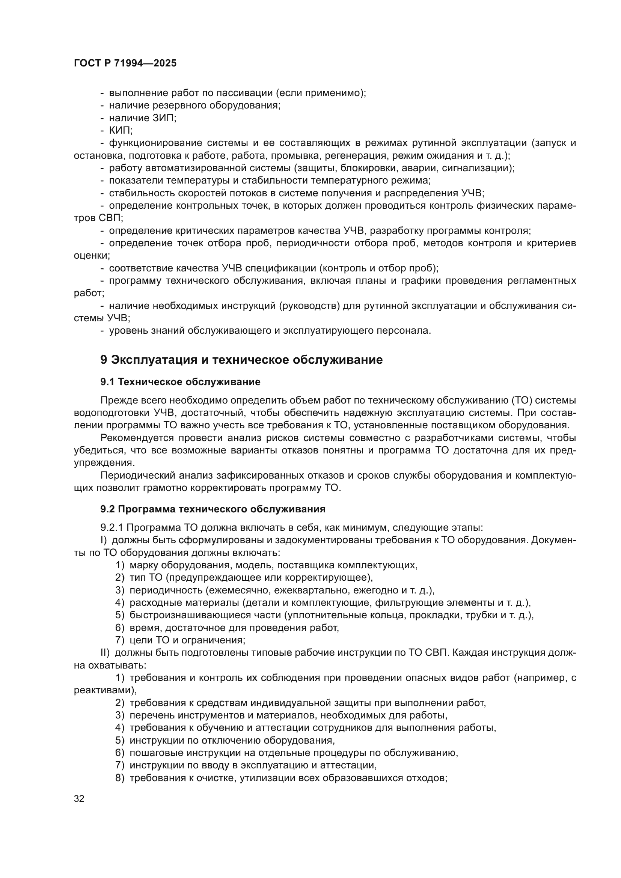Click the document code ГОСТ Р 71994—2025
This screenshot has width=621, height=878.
pyautogui.click(x=125, y=63)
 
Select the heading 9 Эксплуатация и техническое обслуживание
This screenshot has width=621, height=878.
pyautogui.click(x=241, y=360)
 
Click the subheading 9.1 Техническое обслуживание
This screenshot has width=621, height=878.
pyautogui.click(x=180, y=382)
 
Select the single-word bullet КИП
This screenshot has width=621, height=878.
pyautogui.click(x=121, y=130)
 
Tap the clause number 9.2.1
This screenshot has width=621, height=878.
pyautogui.click(x=111, y=528)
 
